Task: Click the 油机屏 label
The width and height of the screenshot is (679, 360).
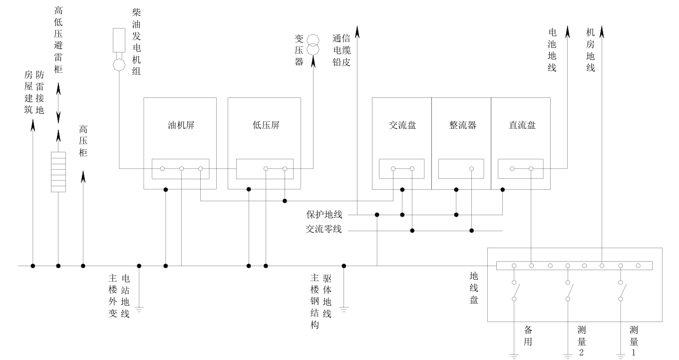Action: [180, 125]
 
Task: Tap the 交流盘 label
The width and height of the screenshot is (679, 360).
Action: [402, 125]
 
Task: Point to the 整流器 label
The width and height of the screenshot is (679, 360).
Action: [462, 125]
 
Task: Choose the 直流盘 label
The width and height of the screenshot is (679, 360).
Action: [522, 125]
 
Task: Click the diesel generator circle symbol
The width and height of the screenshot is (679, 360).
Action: [119, 65]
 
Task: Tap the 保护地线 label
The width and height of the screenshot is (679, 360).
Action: [325, 215]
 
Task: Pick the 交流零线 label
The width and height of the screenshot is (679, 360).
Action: [324, 230]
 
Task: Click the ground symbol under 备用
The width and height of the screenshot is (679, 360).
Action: [513, 356]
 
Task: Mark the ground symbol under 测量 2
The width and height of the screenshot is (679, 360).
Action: [568, 356]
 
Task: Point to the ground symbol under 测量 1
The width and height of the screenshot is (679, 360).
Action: [621, 356]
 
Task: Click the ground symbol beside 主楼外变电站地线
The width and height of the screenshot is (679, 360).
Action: [139, 310]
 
